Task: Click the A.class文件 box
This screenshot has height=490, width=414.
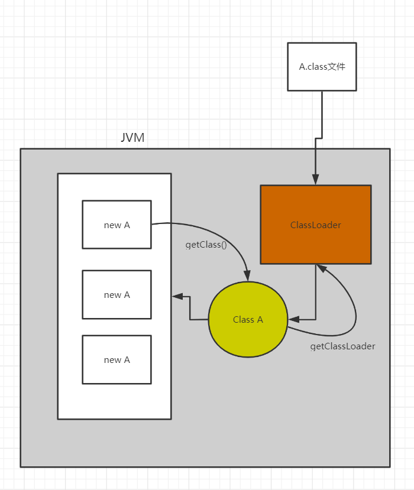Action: click(322, 66)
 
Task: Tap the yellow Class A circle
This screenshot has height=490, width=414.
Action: click(248, 320)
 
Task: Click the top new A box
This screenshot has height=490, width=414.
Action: click(117, 225)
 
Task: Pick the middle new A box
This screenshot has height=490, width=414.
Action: click(117, 294)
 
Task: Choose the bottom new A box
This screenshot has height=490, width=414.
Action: click(117, 359)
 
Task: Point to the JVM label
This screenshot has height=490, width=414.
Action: click(132, 138)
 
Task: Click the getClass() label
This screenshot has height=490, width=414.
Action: click(206, 245)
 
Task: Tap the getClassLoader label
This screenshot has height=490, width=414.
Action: click(342, 346)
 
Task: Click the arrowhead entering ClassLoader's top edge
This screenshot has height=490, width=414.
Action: click(316, 180)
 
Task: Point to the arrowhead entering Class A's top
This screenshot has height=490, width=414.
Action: click(247, 276)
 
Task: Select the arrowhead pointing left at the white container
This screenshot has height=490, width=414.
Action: click(177, 296)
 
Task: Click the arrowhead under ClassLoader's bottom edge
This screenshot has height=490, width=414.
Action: click(321, 269)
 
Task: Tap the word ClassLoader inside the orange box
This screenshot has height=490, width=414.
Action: click(316, 225)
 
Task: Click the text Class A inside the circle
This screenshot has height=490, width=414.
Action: click(248, 320)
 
